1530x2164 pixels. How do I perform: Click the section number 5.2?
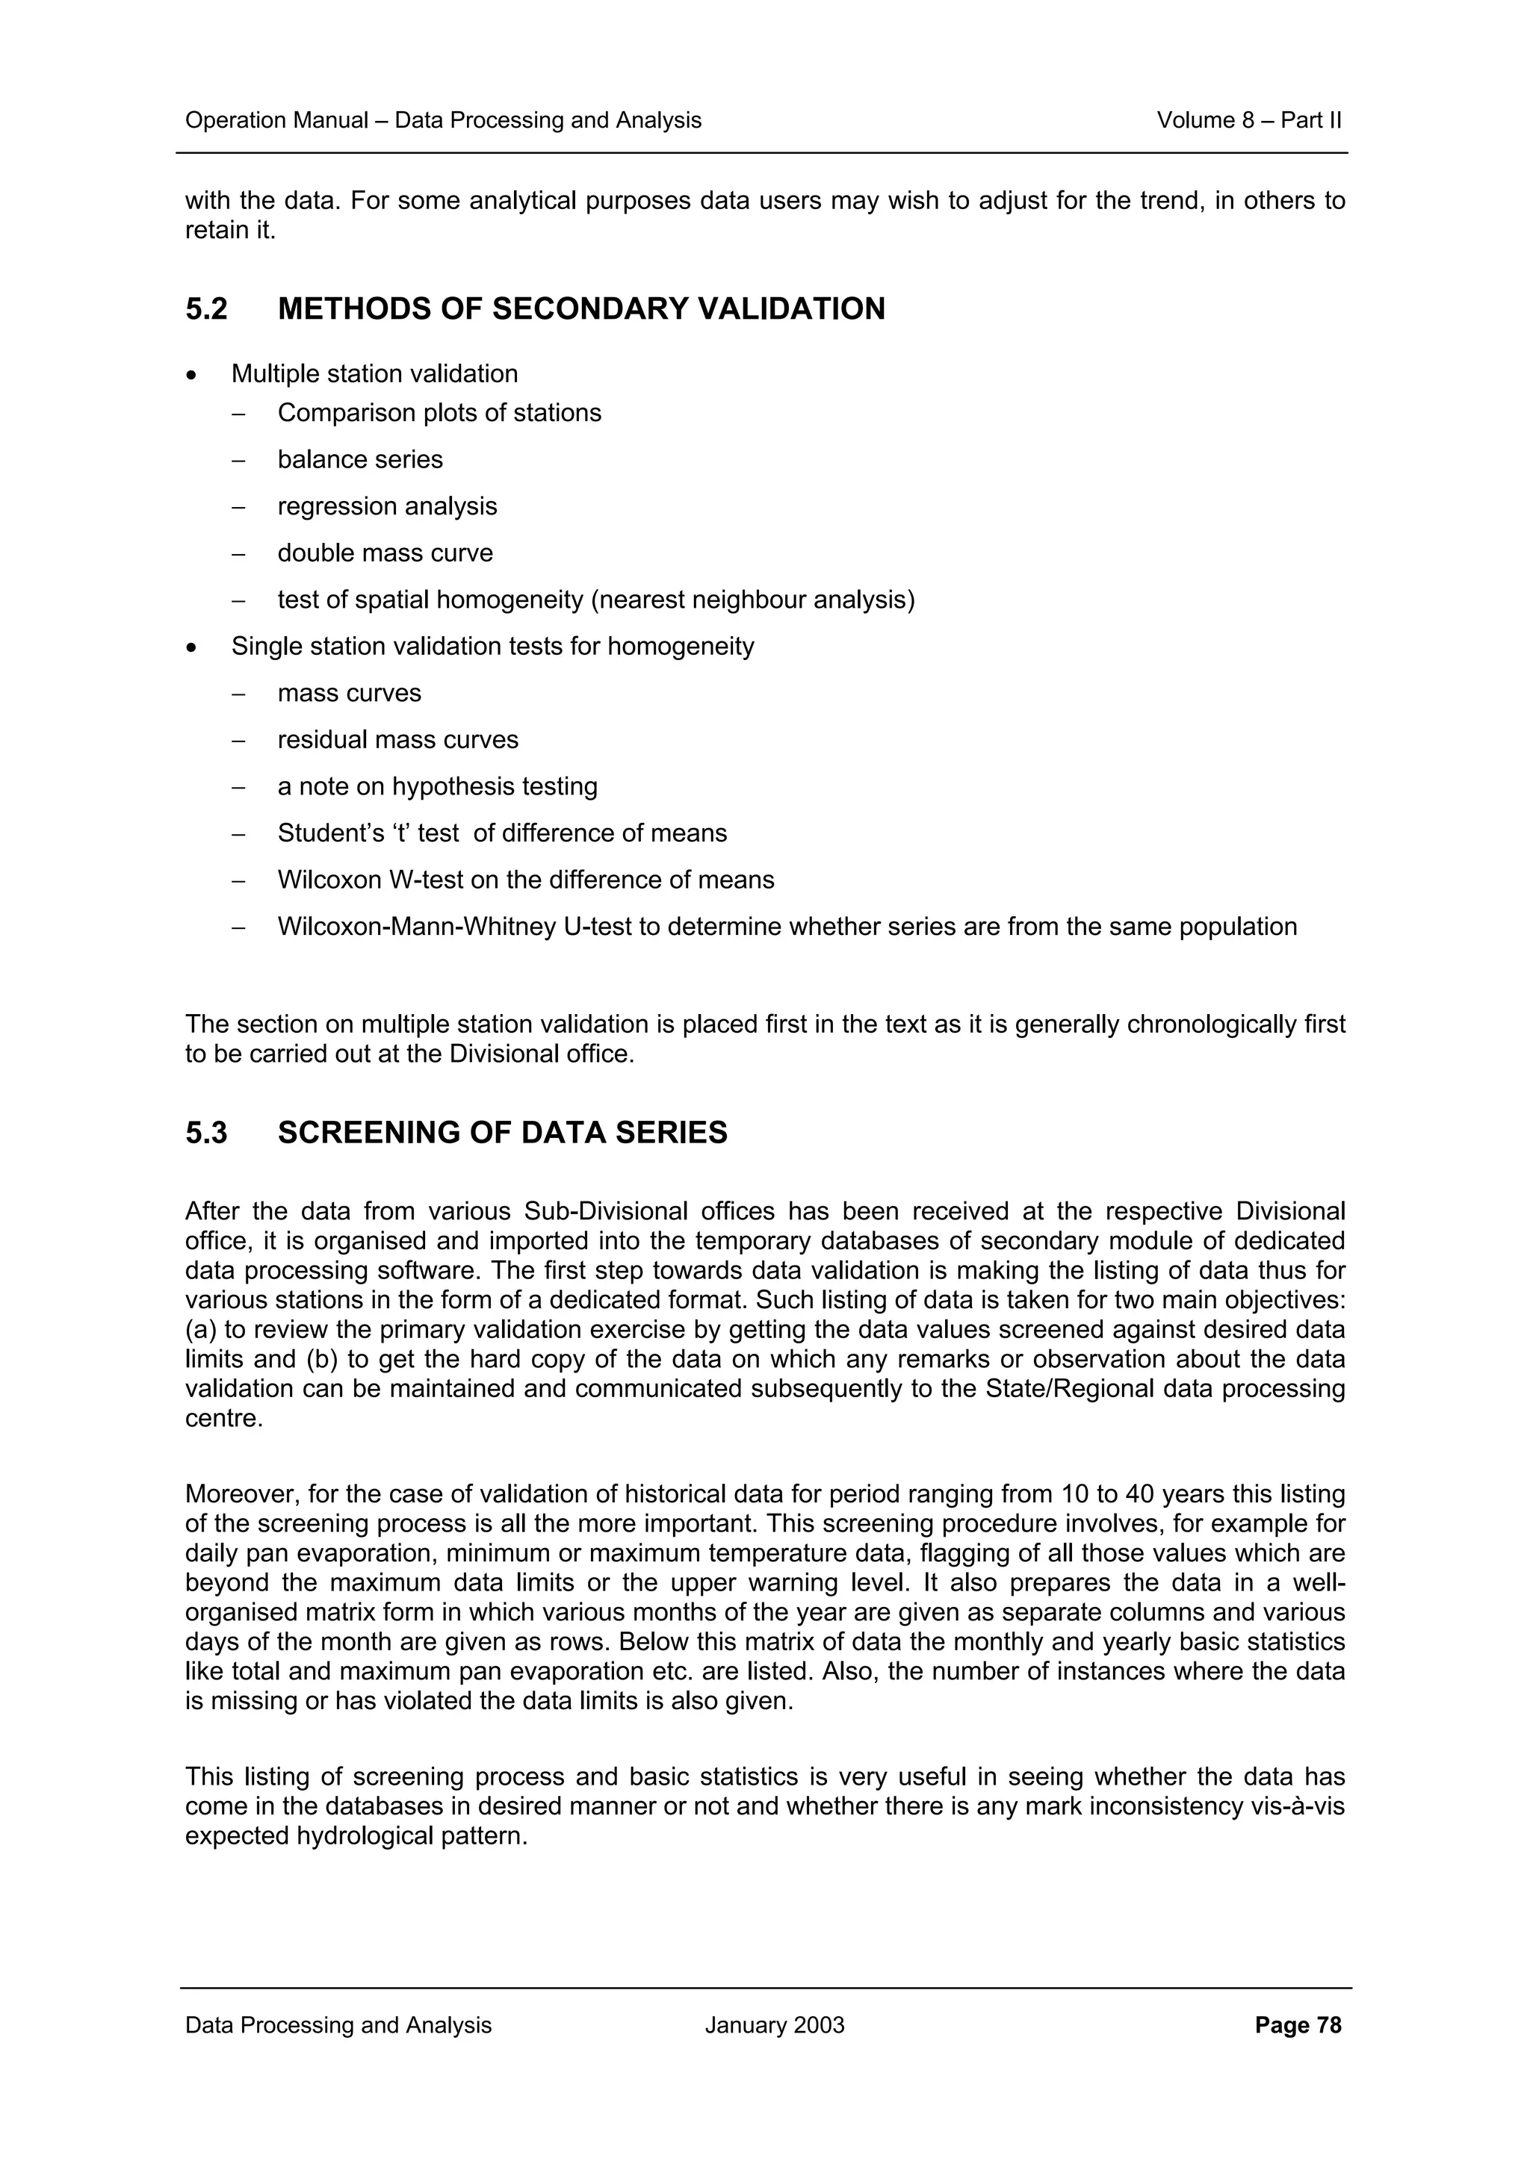coord(205,309)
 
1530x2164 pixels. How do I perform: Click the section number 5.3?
coord(205,1132)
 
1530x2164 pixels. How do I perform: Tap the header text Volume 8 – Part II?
coord(1248,121)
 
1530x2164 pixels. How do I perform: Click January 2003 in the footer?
coord(774,2024)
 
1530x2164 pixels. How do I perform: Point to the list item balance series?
coord(359,459)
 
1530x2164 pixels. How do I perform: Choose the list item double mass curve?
coord(385,553)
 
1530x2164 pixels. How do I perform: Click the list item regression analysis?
coord(386,506)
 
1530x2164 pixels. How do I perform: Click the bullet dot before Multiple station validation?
coord(192,375)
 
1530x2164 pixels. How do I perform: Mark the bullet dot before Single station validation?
coord(192,647)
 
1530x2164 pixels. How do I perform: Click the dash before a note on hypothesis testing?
coord(238,787)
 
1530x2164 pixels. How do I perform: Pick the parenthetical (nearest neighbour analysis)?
coord(752,600)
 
